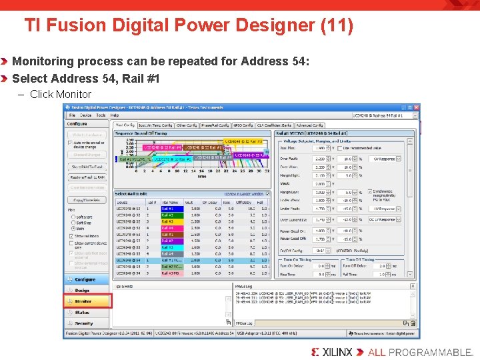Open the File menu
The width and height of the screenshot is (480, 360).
(71, 115)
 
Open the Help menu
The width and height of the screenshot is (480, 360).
(115, 115)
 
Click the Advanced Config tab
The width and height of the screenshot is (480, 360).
(309, 125)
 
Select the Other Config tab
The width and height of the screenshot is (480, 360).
(186, 125)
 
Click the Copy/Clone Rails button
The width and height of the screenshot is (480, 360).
(87, 199)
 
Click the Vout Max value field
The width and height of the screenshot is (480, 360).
(321, 147)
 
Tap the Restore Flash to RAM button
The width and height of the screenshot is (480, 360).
(87, 177)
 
